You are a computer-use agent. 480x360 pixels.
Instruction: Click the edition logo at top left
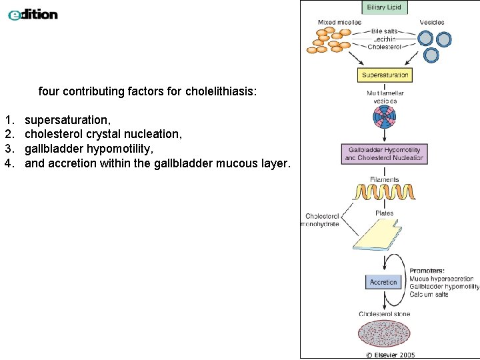(33, 14)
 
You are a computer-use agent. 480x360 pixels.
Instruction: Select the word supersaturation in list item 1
(67, 120)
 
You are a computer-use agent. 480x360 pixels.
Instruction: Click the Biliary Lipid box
(385, 8)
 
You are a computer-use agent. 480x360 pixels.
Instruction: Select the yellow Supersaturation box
(385, 75)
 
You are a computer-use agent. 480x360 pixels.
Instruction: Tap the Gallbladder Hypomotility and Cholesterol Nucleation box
(384, 154)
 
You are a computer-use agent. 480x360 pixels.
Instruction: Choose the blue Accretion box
(383, 282)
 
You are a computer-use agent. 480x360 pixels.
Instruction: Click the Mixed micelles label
(339, 23)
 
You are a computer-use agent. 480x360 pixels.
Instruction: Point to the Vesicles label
(431, 23)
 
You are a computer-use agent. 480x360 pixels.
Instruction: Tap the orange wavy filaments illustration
(385, 193)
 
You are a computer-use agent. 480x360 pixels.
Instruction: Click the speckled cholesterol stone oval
(385, 333)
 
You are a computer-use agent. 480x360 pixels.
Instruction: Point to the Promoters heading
(427, 271)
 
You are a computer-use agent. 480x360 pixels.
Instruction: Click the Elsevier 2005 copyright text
(390, 355)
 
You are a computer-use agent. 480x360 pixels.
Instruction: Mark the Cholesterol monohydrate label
(321, 220)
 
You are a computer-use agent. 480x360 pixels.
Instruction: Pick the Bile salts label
(384, 31)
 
